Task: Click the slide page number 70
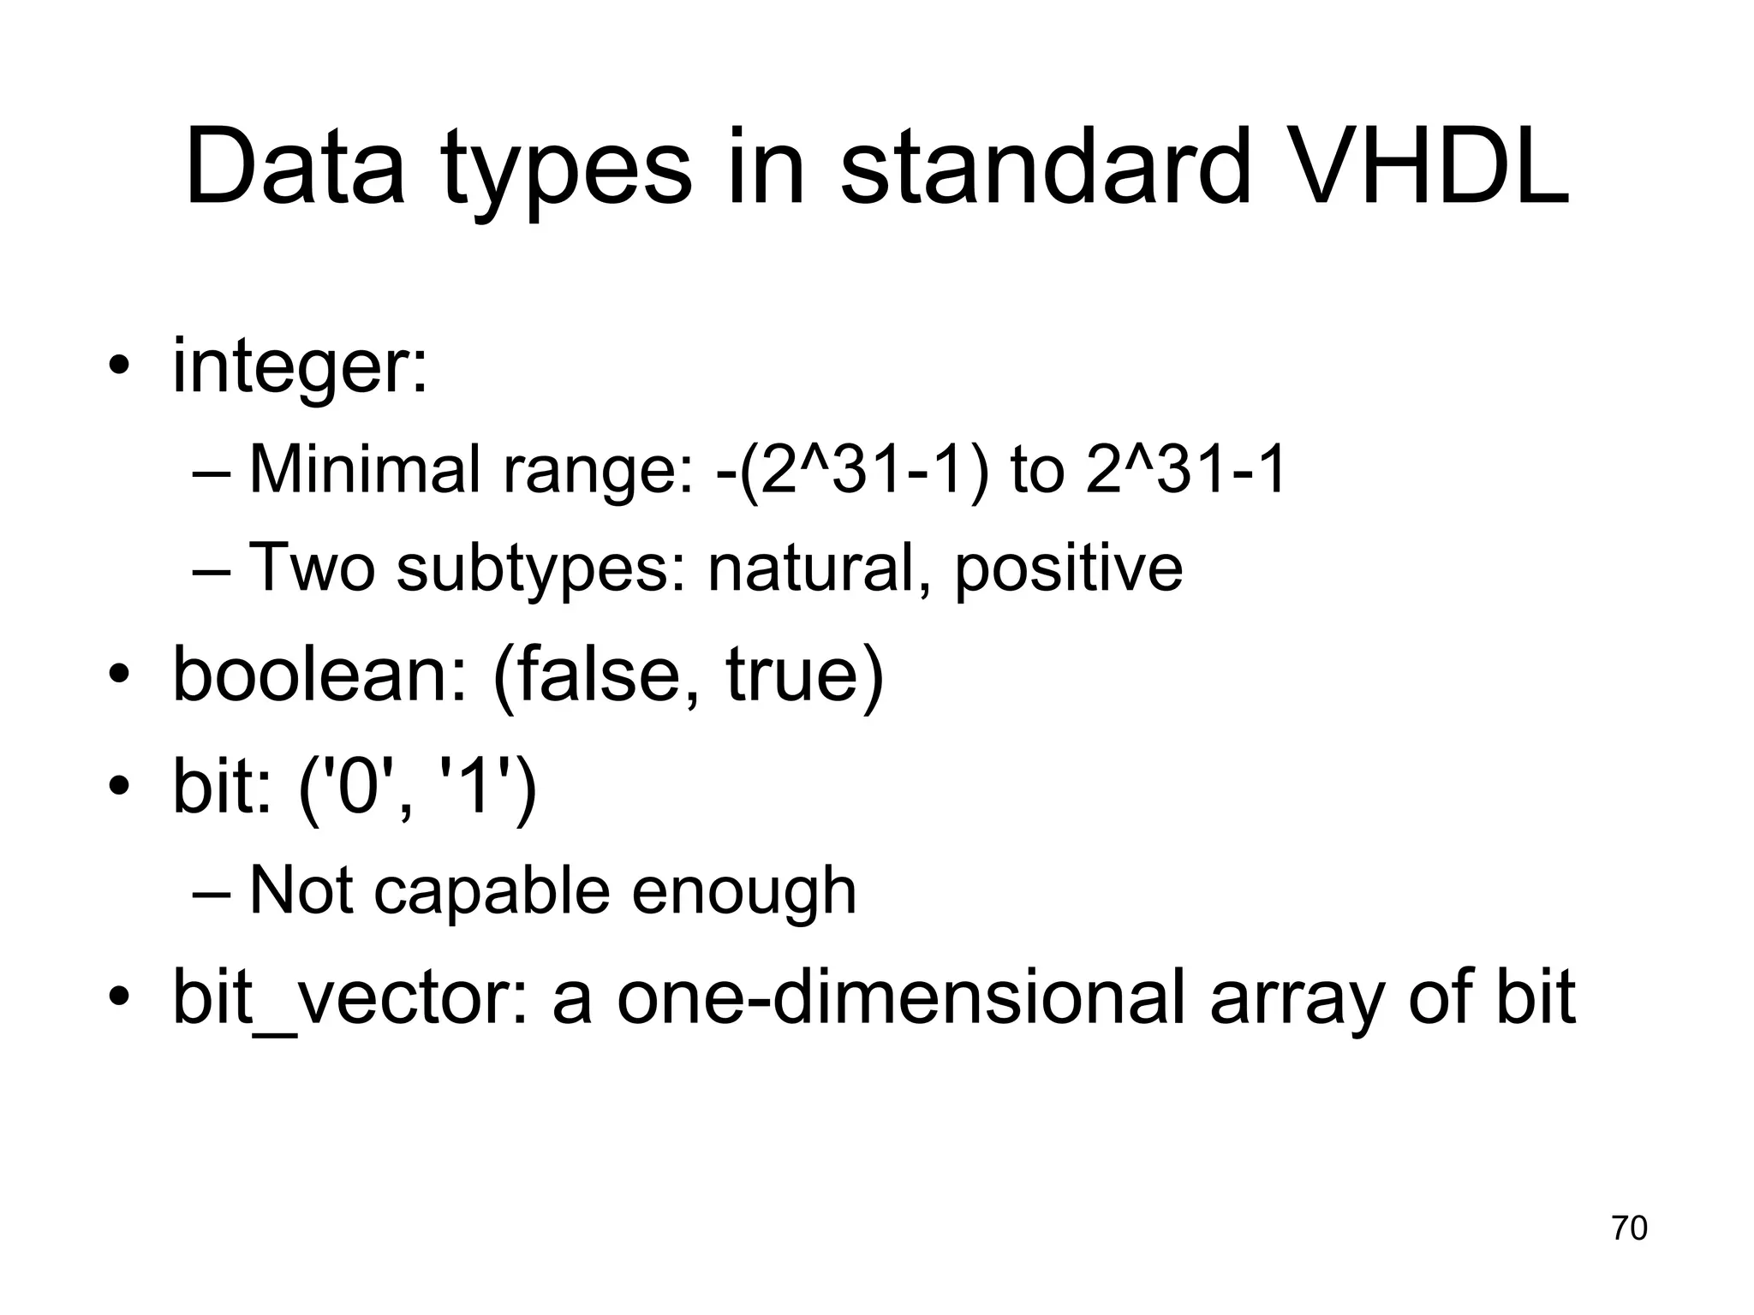(1629, 1228)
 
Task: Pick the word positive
(1069, 568)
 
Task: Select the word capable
(492, 892)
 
